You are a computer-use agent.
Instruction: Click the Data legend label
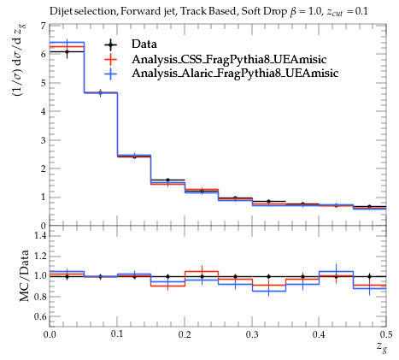pyautogui.click(x=144, y=44)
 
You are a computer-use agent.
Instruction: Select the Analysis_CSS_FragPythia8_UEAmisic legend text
pyautogui.click(x=229, y=59)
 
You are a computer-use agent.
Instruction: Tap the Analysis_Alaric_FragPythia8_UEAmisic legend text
pyautogui.click(x=235, y=74)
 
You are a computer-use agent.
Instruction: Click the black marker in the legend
pyautogui.click(x=111, y=44)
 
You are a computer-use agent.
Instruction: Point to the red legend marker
pyautogui.click(x=111, y=59)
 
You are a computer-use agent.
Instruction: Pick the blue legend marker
pyautogui.click(x=111, y=74)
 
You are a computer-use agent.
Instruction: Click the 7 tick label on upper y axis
pyautogui.click(x=43, y=26)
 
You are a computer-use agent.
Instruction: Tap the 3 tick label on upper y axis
pyautogui.click(x=43, y=140)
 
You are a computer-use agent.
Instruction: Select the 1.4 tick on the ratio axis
pyautogui.click(x=40, y=235)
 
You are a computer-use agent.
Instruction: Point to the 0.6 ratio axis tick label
pyautogui.click(x=40, y=316)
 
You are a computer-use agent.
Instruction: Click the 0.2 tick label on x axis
pyautogui.click(x=185, y=334)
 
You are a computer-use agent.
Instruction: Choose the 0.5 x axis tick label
pyautogui.click(x=386, y=334)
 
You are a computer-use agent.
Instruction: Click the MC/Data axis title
pyautogui.click(x=25, y=275)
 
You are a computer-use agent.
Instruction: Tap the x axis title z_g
pyautogui.click(x=382, y=348)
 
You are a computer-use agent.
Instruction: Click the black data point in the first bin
pyautogui.click(x=67, y=52)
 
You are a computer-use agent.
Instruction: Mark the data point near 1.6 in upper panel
pyautogui.click(x=167, y=180)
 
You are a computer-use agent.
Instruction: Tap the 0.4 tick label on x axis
pyautogui.click(x=319, y=334)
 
